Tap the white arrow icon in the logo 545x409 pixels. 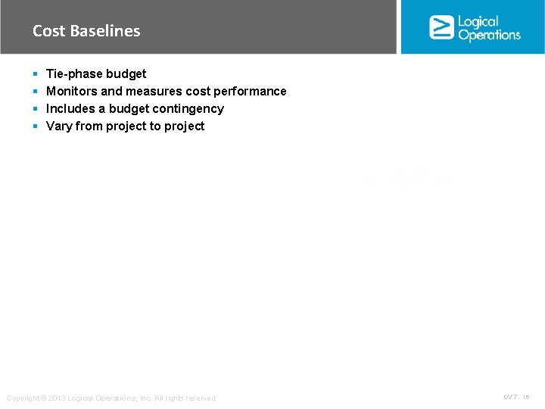point(441,27)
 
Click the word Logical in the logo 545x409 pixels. point(478,21)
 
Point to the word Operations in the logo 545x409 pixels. point(489,35)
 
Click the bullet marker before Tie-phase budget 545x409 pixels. point(36,74)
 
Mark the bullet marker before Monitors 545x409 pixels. point(36,92)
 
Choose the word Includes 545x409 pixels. point(70,109)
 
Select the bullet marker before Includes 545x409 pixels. point(36,109)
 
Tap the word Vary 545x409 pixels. point(59,126)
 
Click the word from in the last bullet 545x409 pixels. point(89,126)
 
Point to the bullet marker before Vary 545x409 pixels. point(36,126)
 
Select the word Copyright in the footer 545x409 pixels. point(21,398)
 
